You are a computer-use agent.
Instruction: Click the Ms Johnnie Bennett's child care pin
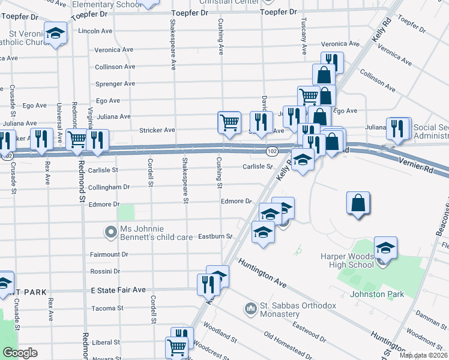pos(110,232)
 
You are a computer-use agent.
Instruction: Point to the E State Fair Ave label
pos(118,290)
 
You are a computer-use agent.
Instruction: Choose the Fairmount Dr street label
pos(109,254)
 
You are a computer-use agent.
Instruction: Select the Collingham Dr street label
pos(109,187)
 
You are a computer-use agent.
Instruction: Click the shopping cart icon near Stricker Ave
pos(229,122)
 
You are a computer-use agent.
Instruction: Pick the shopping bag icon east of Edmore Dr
pos(358,202)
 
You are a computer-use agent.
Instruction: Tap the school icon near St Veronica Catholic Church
pos(56,34)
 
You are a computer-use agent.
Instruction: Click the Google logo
pos(20,353)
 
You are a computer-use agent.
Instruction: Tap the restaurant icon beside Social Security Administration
pos(397,128)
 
